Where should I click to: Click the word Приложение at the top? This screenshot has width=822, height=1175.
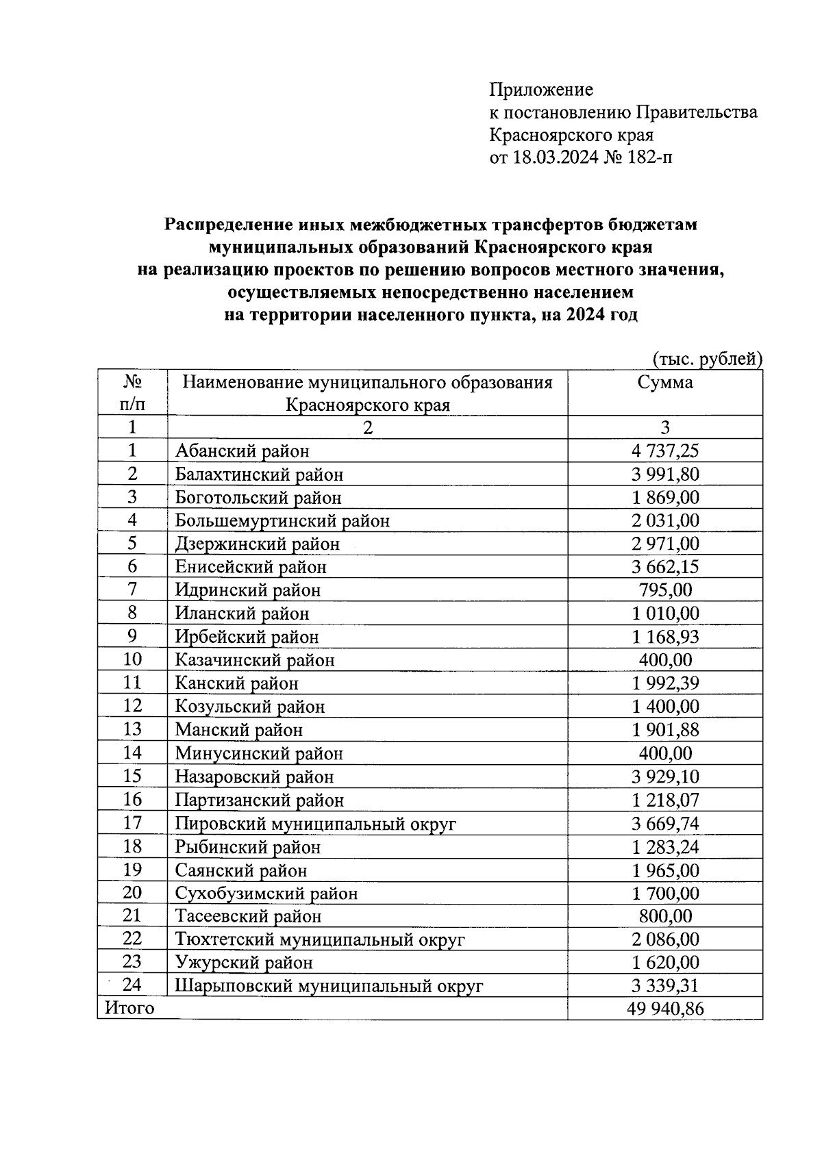(540, 90)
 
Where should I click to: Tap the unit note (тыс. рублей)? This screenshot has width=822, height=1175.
(706, 359)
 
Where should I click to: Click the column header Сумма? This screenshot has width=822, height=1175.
(664, 382)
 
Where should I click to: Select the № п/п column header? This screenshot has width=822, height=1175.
(132, 392)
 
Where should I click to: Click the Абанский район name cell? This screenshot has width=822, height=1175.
(242, 451)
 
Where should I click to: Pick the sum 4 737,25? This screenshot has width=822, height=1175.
(664, 451)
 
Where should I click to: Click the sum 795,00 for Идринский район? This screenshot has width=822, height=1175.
(664, 590)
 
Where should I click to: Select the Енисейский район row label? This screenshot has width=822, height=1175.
(251, 567)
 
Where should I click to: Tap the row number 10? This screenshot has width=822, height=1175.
(132, 659)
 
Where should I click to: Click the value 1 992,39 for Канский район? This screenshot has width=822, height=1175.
(664, 683)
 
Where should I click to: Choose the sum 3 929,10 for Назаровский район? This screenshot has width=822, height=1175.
(664, 776)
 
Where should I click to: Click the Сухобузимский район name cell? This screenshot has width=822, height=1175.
(266, 893)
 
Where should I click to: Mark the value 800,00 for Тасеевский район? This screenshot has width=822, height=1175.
(664, 916)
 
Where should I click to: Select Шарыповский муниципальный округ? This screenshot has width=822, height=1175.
(329, 986)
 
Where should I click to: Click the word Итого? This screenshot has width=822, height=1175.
(129, 1008)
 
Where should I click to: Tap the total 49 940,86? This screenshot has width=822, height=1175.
(664, 1008)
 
